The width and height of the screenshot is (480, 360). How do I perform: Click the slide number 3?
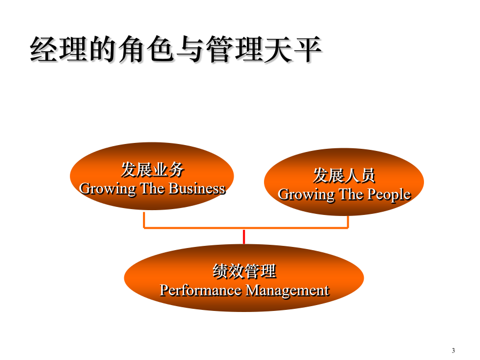(453, 350)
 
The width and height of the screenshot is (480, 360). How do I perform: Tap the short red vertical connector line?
(244, 237)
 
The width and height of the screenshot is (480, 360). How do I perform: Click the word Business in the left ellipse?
(197, 189)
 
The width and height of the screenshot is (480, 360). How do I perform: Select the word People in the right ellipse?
(389, 195)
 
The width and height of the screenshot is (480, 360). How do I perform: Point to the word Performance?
(201, 290)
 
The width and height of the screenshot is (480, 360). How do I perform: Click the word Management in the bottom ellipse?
(287, 291)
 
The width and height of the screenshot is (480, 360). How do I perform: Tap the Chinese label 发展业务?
(152, 170)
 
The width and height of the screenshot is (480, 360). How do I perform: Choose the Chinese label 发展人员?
(344, 175)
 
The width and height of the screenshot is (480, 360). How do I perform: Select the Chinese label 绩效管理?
(244, 271)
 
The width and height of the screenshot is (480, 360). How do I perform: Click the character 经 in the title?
(44, 49)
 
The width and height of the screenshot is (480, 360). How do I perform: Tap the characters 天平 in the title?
(293, 49)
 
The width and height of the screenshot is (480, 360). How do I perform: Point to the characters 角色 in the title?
(146, 49)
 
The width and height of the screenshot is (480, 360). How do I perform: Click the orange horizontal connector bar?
(246, 228)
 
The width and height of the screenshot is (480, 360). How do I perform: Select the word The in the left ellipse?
(152, 189)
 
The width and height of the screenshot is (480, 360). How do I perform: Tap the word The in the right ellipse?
(351, 194)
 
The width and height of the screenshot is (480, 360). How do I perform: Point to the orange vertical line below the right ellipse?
(348, 222)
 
